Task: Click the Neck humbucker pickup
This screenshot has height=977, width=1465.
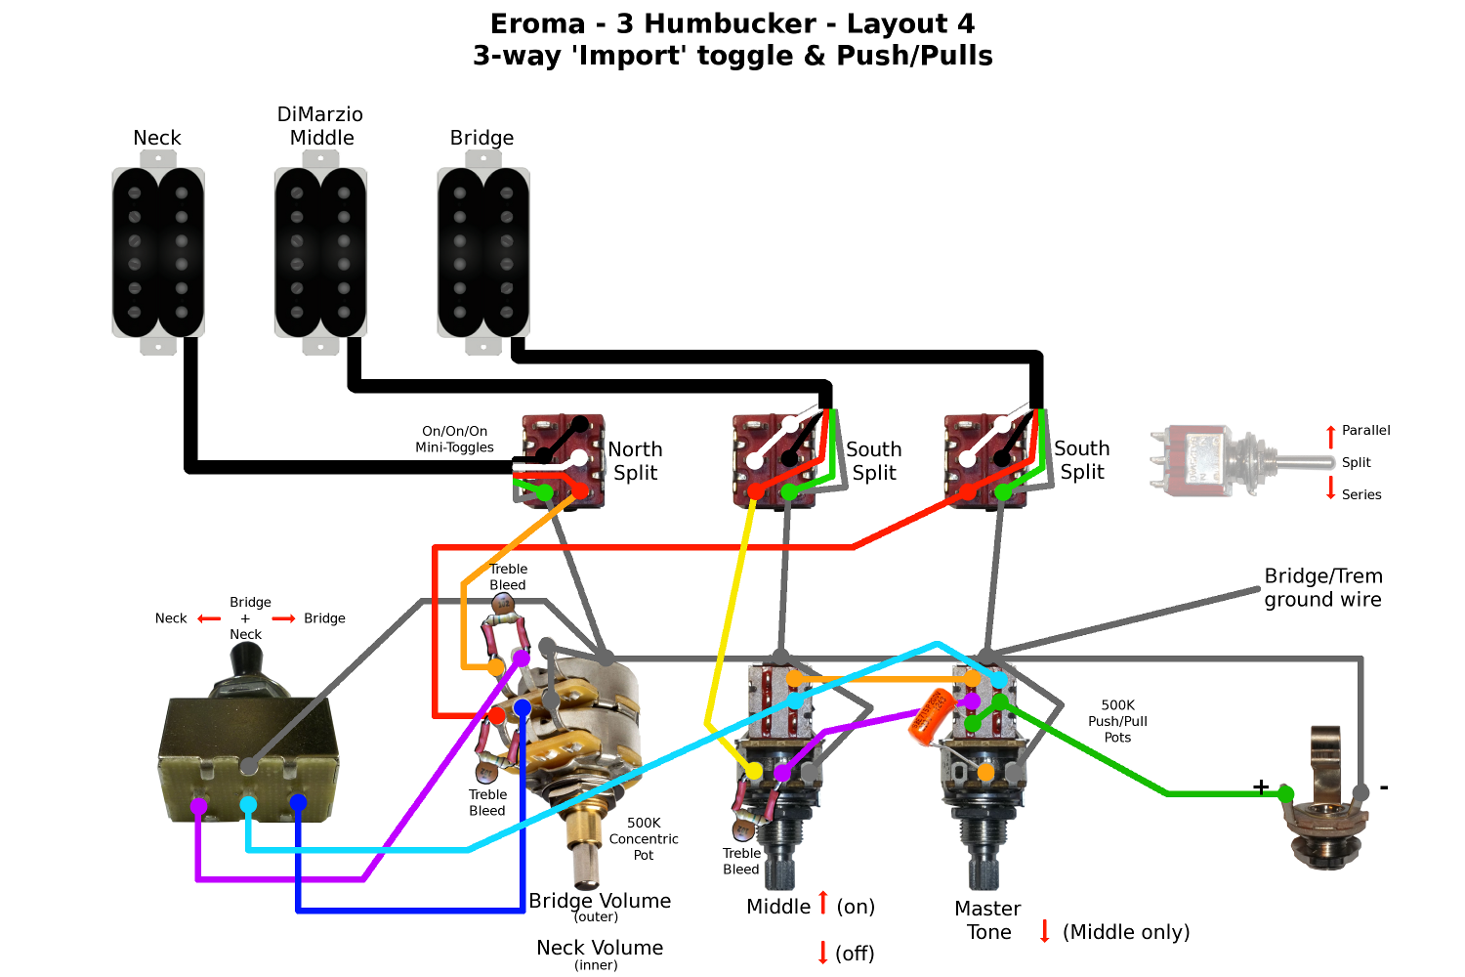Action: point(158,253)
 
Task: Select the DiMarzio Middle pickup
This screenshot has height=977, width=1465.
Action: point(320,253)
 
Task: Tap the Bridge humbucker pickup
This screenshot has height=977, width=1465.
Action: point(483,253)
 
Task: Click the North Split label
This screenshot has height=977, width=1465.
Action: point(635,461)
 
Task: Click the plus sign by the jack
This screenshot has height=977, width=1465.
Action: point(1261,786)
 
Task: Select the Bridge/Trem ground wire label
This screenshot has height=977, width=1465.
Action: point(1322,587)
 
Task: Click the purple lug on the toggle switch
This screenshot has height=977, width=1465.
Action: point(198,807)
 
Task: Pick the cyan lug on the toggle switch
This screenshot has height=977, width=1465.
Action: point(248,805)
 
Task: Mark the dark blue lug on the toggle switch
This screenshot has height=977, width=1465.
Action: point(298,803)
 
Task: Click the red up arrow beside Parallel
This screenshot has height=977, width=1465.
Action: point(1330,436)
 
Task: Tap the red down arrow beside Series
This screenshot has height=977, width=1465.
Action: point(1330,488)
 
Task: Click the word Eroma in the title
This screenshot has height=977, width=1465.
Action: point(537,23)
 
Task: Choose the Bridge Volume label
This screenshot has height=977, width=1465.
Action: point(600,901)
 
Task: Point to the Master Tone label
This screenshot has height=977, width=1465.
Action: point(987,920)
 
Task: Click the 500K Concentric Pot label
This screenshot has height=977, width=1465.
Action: point(644,838)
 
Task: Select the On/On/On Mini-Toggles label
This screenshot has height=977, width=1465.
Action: point(454,439)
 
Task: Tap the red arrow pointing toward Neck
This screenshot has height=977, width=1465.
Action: point(209,618)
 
